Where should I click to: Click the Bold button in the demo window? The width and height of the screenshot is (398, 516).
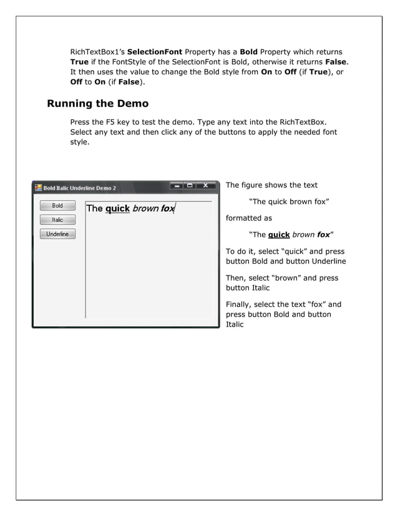pyautogui.click(x=57, y=206)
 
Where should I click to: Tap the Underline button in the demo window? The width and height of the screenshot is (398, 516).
pyautogui.click(x=57, y=234)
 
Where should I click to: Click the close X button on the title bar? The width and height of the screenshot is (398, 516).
pyautogui.click(x=205, y=186)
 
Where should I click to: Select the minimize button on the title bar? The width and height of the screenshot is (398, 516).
pyautogui.click(x=178, y=186)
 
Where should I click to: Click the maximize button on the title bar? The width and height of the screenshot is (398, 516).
pyautogui.click(x=190, y=186)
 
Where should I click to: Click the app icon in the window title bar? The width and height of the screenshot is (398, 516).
pyautogui.click(x=38, y=187)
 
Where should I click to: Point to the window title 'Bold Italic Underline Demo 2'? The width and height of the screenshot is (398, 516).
pyautogui.click(x=79, y=188)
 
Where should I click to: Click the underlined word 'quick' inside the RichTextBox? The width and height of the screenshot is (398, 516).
pyautogui.click(x=117, y=209)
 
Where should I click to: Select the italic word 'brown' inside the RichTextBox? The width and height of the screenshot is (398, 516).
pyautogui.click(x=145, y=209)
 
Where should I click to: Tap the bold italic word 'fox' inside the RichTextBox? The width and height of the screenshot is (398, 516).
pyautogui.click(x=167, y=209)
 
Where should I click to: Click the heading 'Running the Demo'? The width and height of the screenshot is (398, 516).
pyautogui.click(x=97, y=103)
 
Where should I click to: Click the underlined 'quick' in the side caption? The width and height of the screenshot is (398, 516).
pyautogui.click(x=279, y=235)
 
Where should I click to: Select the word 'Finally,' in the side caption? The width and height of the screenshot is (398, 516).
pyautogui.click(x=239, y=305)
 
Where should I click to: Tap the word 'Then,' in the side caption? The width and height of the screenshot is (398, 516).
pyautogui.click(x=236, y=278)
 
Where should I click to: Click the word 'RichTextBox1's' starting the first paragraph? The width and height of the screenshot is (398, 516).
pyautogui.click(x=97, y=51)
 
